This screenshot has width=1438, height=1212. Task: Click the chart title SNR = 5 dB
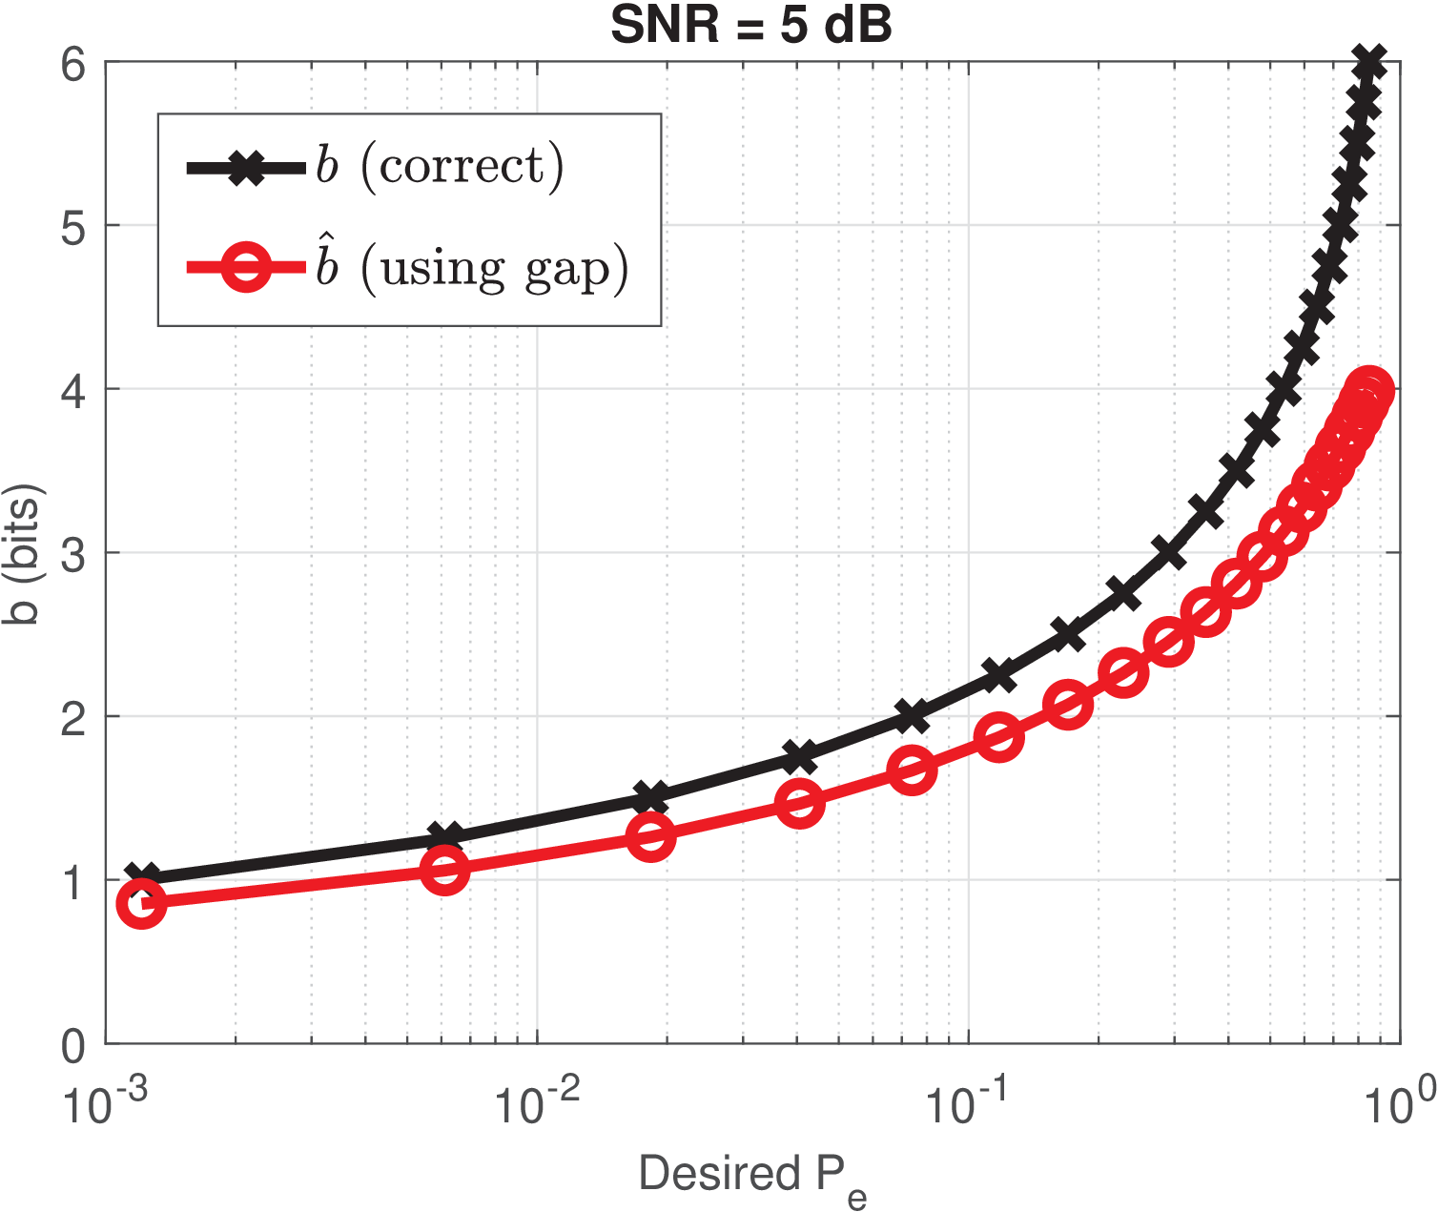coord(751,26)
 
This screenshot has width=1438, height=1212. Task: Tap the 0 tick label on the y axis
coord(73,1047)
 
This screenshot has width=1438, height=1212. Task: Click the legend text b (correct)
coord(441,167)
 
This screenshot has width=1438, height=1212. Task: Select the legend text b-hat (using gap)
coord(473,268)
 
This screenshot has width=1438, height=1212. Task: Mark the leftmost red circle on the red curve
coord(141,903)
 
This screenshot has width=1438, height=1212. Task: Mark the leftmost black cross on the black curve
coord(143,877)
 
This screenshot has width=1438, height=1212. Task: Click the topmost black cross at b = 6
coord(1370,63)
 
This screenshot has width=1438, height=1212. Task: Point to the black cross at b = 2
coord(912,715)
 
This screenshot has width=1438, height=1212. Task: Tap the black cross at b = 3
coord(1168,552)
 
